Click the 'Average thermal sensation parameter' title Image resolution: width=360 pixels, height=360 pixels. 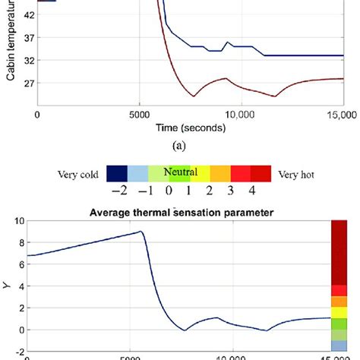[185, 211]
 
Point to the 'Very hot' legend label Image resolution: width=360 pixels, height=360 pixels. [297, 172]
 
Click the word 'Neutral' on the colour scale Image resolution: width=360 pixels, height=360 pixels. [180, 172]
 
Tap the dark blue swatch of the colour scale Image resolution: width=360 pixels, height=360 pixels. [116, 172]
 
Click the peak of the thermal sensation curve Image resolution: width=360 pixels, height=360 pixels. [140, 232]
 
